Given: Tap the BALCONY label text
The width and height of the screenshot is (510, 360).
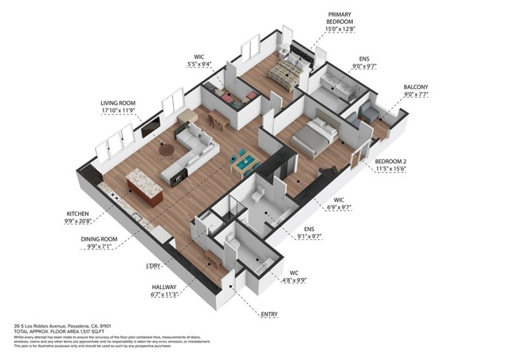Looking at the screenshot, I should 415,87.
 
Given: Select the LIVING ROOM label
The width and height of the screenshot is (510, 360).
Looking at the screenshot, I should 119,104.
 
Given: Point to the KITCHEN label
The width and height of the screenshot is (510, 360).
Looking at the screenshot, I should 78,215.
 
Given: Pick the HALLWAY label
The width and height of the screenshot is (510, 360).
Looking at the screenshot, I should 165,287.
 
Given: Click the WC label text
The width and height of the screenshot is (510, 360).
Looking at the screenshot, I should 294,273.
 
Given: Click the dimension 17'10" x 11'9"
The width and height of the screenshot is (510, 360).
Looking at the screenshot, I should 119,112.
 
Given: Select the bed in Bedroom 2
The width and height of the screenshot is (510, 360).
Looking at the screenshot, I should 312,135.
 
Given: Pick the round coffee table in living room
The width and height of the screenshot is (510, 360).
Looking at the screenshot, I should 167,149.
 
